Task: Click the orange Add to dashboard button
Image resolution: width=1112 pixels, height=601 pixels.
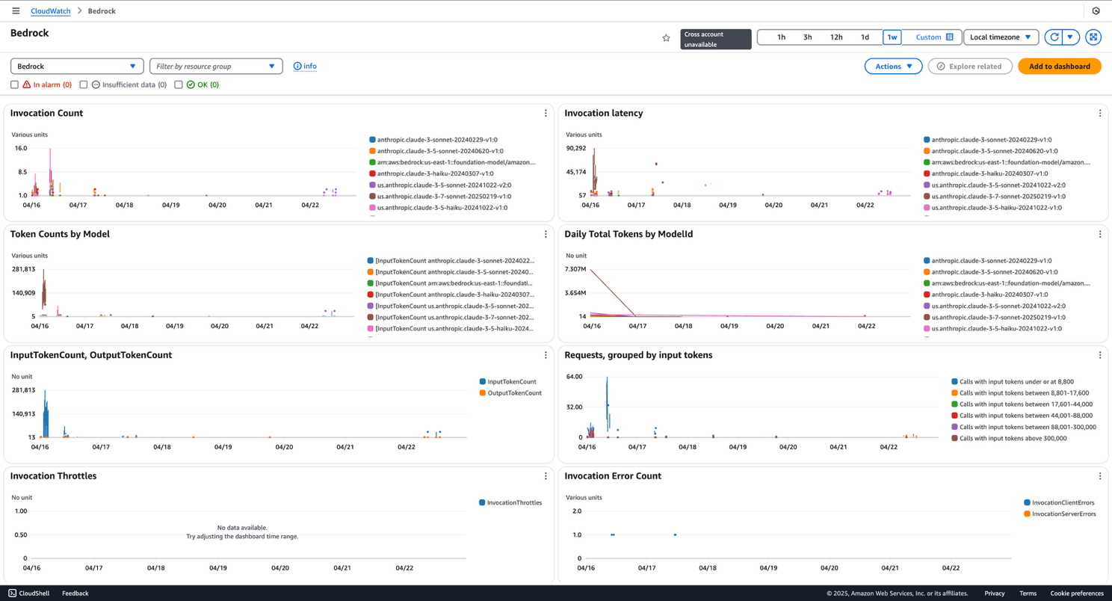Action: (1059, 67)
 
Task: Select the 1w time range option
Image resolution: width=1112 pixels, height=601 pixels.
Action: (892, 37)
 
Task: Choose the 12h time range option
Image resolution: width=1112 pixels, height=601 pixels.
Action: (836, 37)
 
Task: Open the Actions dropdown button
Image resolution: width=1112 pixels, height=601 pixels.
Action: (893, 67)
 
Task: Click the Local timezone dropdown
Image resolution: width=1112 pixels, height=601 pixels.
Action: (1001, 37)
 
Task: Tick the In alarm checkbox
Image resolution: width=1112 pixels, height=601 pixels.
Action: (14, 85)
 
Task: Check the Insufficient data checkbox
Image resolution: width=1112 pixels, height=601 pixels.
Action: (84, 85)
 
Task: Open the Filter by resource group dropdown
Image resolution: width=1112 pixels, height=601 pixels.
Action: (216, 67)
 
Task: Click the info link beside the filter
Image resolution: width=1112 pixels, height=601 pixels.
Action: (305, 67)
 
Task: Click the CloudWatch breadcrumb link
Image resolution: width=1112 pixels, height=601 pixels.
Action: (50, 11)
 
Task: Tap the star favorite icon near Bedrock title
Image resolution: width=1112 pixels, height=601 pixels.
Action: (666, 38)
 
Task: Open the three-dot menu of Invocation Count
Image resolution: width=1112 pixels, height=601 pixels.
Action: (546, 114)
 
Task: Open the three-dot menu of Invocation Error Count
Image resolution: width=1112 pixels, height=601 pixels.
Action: (1099, 476)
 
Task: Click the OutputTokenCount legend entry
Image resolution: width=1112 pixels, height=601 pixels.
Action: (514, 393)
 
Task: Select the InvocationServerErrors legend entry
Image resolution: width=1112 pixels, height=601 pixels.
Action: (1063, 514)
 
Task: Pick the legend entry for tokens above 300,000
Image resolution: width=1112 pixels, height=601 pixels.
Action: (1013, 439)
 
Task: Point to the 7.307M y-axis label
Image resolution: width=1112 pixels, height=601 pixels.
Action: (575, 269)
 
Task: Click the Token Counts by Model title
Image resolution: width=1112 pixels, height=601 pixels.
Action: (60, 235)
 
